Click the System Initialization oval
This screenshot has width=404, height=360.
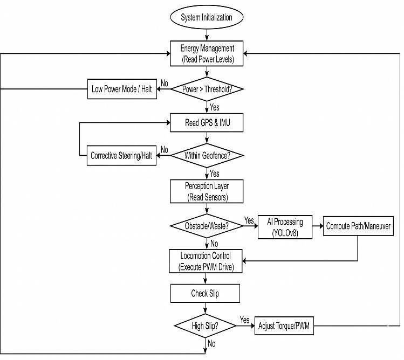pos(207,17)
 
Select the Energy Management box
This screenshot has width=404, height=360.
pos(207,53)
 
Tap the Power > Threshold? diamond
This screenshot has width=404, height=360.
pos(207,89)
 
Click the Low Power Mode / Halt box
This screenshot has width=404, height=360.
pos(122,89)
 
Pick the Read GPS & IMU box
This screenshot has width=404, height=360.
pos(207,122)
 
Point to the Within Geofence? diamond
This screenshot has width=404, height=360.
pos(207,156)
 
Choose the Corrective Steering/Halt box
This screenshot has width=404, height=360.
pos(121,156)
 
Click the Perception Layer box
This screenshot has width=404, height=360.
pos(207,191)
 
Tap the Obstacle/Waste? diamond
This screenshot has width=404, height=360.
pos(207,226)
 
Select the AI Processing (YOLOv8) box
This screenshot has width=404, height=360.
pos(285,227)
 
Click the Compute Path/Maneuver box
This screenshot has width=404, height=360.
pos(358,226)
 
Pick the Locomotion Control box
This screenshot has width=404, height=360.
pos(206,261)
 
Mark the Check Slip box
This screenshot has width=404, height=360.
pos(205,293)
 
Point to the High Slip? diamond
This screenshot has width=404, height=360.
pos(205,326)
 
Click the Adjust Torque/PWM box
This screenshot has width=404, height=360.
pos(284,326)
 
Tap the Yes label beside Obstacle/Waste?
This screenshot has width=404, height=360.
pos(249,220)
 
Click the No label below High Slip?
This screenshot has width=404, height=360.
pos(211,343)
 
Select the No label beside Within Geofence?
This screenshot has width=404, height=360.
pos(165,150)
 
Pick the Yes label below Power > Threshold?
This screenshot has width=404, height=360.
pos(214,107)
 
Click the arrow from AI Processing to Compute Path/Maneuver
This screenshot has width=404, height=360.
pos(318,226)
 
